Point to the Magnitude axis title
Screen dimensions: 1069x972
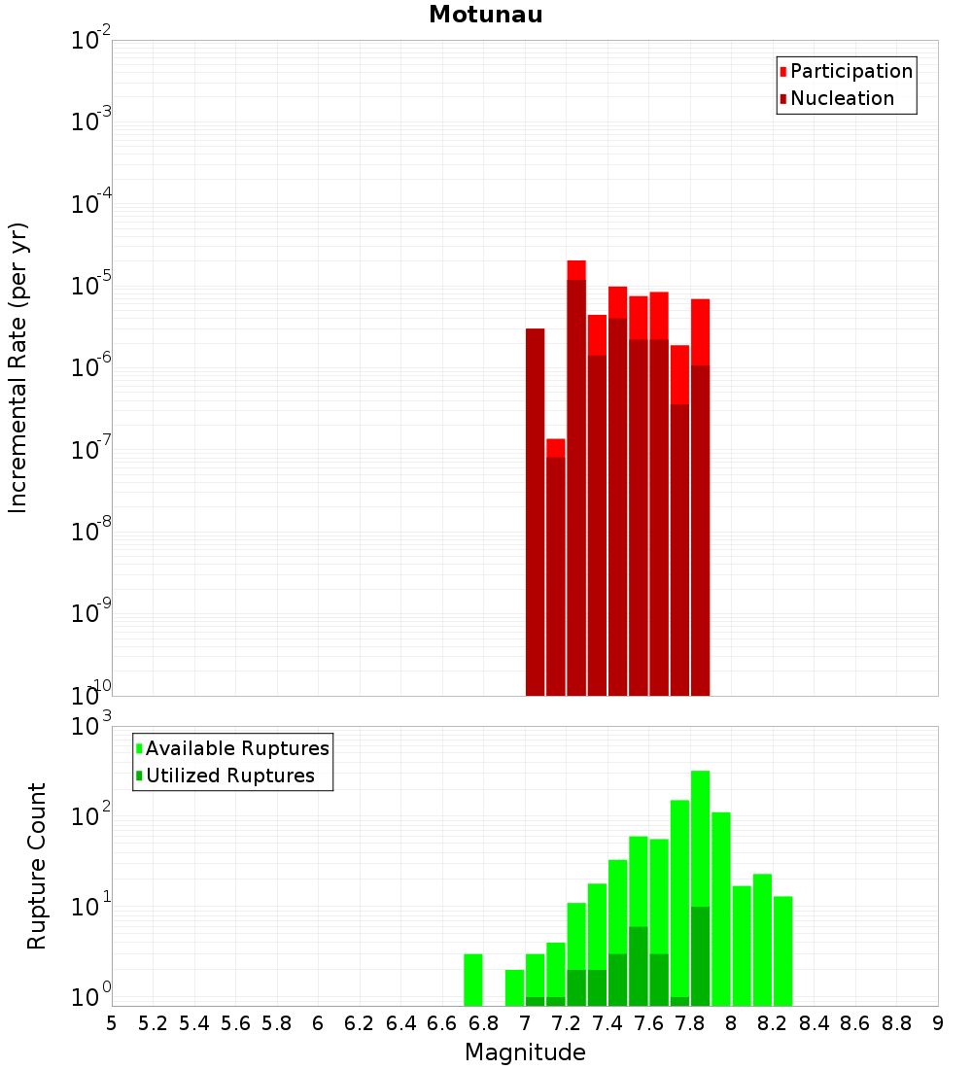(525, 1052)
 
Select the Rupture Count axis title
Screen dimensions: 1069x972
(37, 865)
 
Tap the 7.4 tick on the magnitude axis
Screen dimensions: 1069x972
(607, 1023)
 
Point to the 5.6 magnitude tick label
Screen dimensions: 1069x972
(236, 1023)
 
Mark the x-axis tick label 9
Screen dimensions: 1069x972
(938, 1023)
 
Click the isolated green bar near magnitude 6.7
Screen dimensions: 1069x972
(473, 980)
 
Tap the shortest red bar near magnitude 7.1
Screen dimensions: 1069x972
(556, 573)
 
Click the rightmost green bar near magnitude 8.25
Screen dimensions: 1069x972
(783, 950)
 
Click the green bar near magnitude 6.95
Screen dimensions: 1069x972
(515, 987)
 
